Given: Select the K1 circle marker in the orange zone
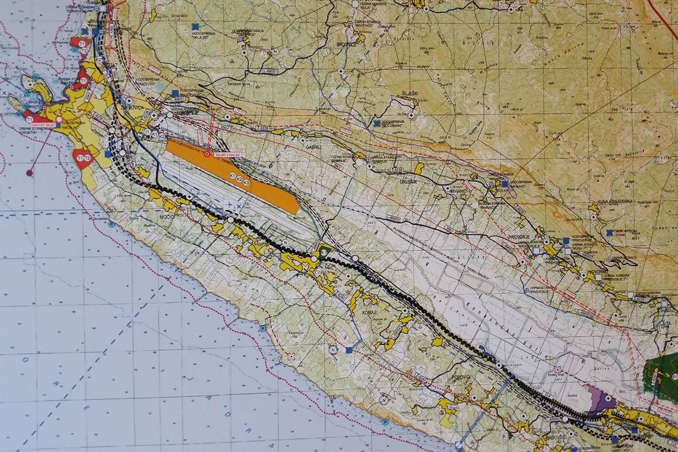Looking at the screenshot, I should [232, 177].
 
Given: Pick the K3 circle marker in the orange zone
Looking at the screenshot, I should [246, 182].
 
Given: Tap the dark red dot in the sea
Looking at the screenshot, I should [29, 172].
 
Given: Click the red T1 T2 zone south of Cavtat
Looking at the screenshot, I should [82, 159].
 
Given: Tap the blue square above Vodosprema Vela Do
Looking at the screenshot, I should [195, 26].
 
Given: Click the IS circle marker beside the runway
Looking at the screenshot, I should [246, 203].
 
